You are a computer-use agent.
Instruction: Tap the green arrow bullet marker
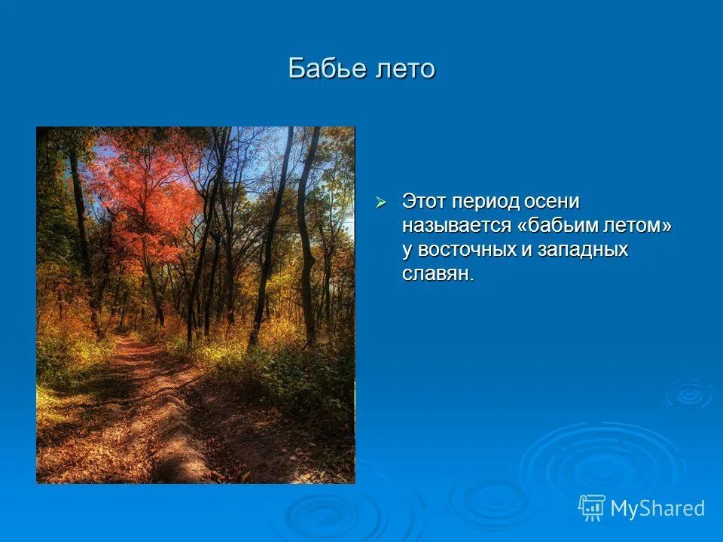(381, 202)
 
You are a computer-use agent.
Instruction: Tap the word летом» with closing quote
(641, 226)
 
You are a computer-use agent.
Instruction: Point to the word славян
(437, 274)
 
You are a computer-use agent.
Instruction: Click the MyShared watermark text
(657, 509)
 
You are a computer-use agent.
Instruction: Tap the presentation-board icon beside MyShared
(592, 508)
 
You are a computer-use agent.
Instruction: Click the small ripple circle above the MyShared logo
(688, 394)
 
